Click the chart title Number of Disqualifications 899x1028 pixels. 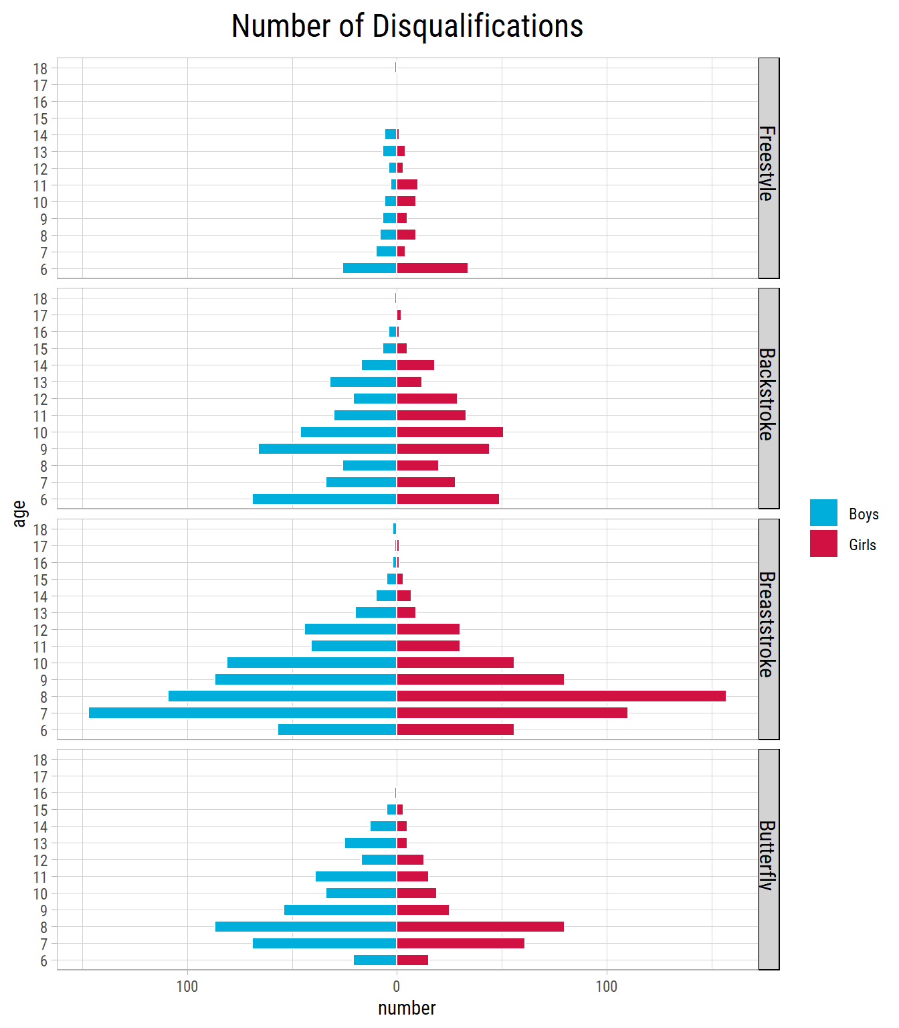click(407, 27)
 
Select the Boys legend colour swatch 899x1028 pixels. click(823, 513)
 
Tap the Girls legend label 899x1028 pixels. click(862, 545)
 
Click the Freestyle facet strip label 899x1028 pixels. click(768, 164)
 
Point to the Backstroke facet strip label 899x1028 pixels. click(768, 394)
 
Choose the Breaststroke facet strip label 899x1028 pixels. click(768, 624)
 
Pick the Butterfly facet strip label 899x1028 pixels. click(768, 855)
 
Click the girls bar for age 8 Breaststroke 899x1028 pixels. click(561, 696)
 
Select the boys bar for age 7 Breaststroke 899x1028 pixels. click(242, 713)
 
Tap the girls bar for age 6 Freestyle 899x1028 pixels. click(432, 268)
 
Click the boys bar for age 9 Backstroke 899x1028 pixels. click(327, 448)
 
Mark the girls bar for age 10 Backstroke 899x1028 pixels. click(449, 432)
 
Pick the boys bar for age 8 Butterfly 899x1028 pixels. click(306, 927)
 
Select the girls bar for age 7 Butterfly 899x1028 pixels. click(460, 944)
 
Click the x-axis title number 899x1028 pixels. click(407, 1008)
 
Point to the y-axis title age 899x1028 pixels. click(19, 513)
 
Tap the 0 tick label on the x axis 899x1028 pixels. click(397, 987)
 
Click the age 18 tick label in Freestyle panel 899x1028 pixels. click(40, 68)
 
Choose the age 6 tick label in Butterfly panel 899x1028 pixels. click(44, 961)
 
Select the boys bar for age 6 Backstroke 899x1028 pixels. click(324, 499)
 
